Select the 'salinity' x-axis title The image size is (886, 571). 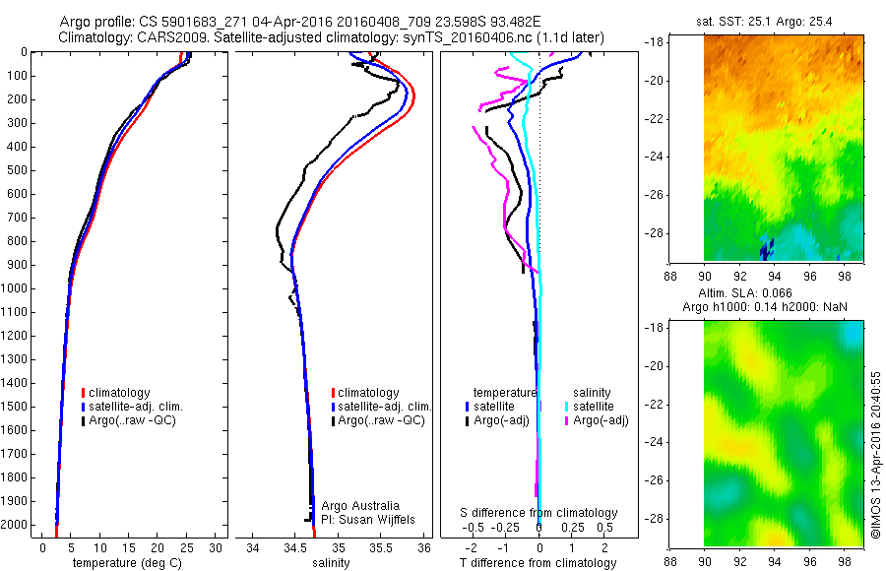(331, 563)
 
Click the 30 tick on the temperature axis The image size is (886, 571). (216, 547)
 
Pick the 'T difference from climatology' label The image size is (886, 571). (538, 563)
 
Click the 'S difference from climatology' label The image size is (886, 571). (539, 513)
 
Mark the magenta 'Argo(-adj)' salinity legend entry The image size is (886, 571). (597, 420)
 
